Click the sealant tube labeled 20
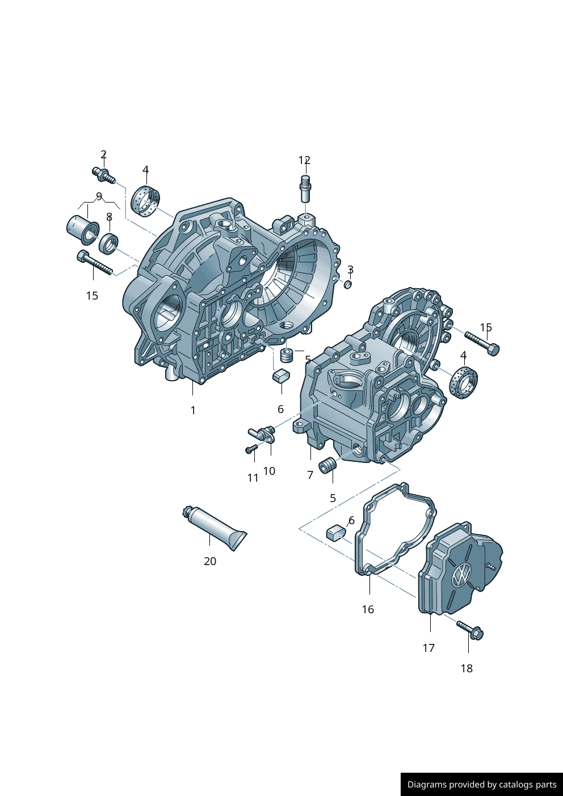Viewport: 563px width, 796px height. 215,527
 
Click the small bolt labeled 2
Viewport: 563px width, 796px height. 103,175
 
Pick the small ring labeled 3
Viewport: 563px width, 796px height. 348,284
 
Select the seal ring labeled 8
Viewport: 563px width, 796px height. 108,243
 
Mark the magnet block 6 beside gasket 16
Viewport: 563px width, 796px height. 335,532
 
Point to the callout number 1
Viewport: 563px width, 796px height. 193,410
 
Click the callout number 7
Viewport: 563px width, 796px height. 310,475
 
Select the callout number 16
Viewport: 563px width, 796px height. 368,609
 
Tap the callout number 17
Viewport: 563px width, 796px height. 428,648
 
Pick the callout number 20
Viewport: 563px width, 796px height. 210,561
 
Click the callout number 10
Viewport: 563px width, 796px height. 269,471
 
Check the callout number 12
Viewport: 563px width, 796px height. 304,161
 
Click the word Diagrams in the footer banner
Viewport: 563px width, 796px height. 427,785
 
